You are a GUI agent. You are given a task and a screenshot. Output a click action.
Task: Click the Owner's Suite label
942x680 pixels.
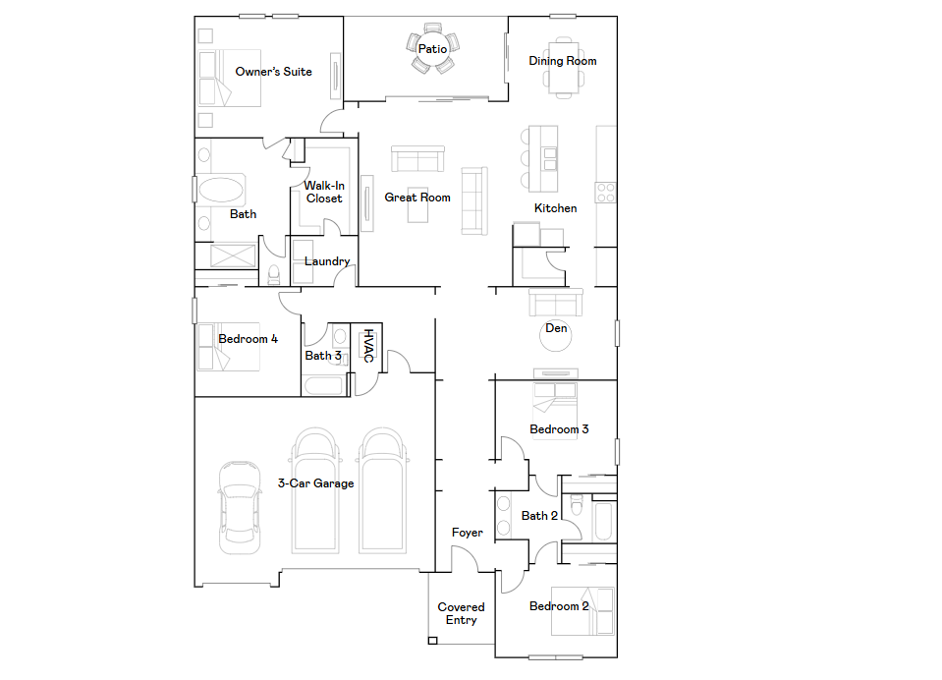pyautogui.click(x=273, y=72)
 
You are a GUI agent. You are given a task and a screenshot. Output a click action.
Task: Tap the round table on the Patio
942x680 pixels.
pyautogui.click(x=432, y=48)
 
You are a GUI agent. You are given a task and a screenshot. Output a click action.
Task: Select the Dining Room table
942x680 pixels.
pyautogui.click(x=564, y=66)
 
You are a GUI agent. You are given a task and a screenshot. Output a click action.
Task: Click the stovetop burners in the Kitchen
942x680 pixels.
pyautogui.click(x=605, y=193)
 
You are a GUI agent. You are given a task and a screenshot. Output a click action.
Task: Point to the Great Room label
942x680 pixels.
pyautogui.click(x=417, y=198)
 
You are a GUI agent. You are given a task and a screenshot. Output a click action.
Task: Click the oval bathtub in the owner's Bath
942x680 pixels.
pyautogui.click(x=221, y=190)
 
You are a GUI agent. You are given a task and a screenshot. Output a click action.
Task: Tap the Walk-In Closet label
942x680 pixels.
pyautogui.click(x=324, y=192)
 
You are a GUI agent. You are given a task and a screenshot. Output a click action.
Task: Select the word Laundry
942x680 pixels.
pyautogui.click(x=327, y=261)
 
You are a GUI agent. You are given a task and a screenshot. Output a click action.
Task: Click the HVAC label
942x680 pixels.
pyautogui.click(x=369, y=346)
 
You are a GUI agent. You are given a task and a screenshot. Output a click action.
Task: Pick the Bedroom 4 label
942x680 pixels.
pyautogui.click(x=249, y=339)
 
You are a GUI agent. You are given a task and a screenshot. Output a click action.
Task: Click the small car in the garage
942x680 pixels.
pyautogui.click(x=241, y=507)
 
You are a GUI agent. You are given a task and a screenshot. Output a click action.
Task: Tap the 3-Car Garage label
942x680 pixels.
pyautogui.click(x=315, y=483)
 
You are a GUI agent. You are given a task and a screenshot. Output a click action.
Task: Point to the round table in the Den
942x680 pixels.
pyautogui.click(x=556, y=336)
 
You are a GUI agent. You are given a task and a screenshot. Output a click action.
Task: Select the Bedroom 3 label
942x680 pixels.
pyautogui.click(x=559, y=429)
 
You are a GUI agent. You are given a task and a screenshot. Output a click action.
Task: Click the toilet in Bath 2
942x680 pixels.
pyautogui.click(x=577, y=505)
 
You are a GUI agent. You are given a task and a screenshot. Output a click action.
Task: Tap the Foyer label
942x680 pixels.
pyautogui.click(x=468, y=533)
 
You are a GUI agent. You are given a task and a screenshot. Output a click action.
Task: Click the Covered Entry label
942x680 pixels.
pyautogui.click(x=461, y=613)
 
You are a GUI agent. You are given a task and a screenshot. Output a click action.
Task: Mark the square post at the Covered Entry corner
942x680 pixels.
pyautogui.click(x=432, y=641)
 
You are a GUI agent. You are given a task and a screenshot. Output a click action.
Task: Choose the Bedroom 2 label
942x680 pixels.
pyautogui.click(x=559, y=606)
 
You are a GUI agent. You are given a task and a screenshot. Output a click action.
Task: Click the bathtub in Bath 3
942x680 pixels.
pyautogui.click(x=324, y=385)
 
